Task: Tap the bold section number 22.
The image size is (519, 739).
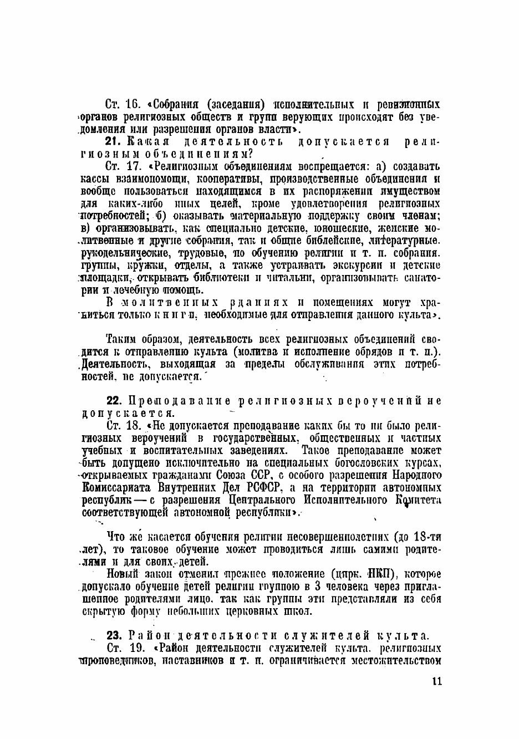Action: tap(114, 401)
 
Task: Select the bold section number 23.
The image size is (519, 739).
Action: tap(114, 636)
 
